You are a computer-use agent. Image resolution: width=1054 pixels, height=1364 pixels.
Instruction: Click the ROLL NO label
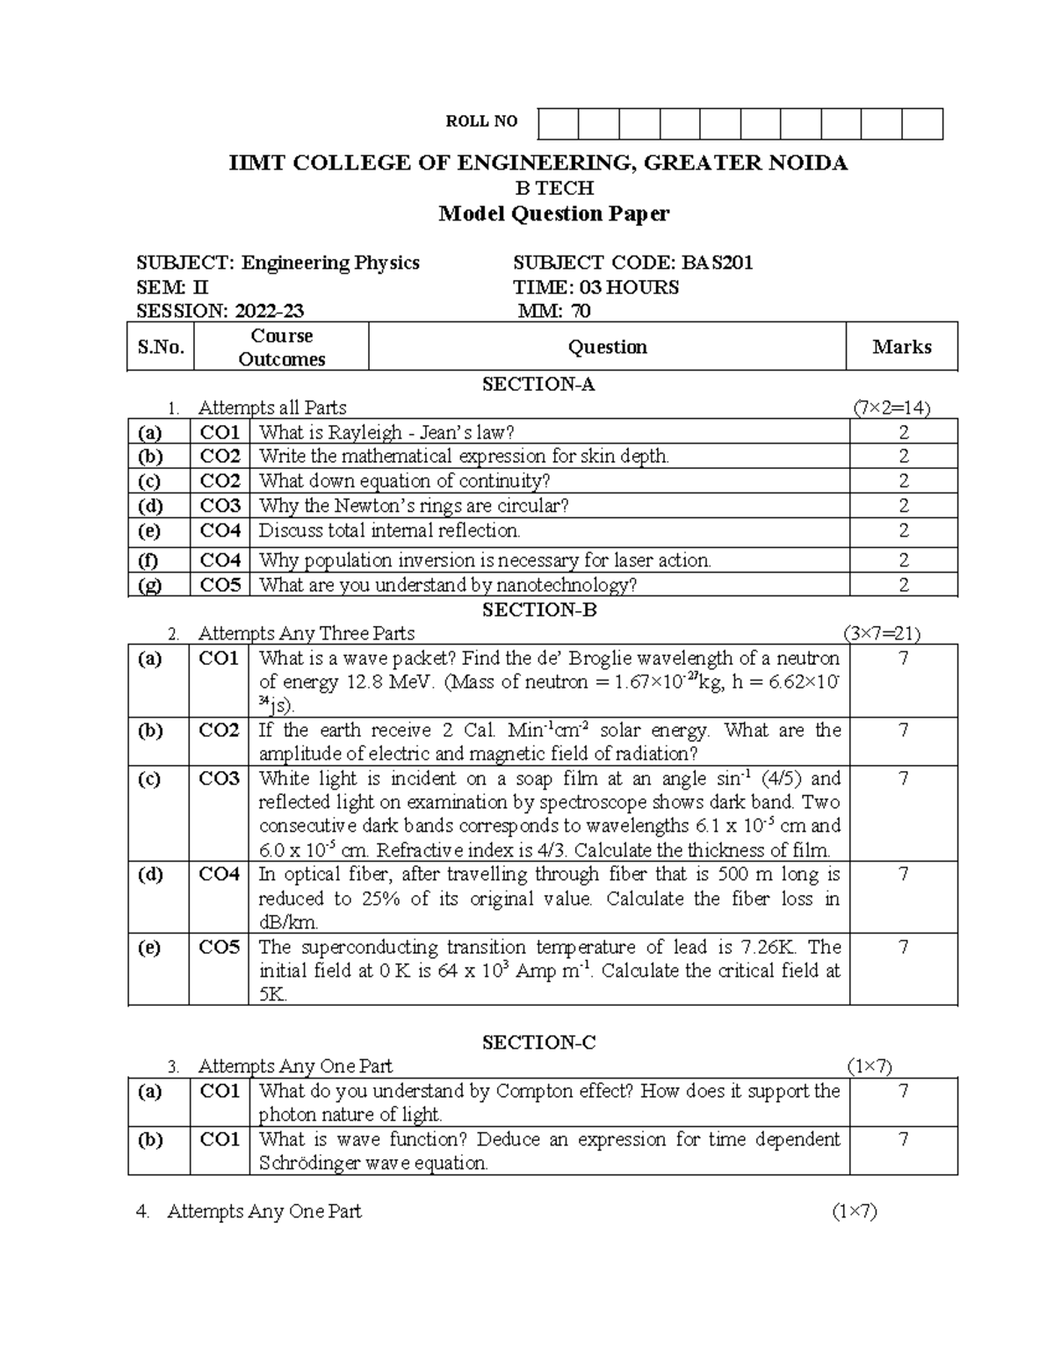(481, 122)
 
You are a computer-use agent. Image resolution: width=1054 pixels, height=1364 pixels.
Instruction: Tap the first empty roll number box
(558, 125)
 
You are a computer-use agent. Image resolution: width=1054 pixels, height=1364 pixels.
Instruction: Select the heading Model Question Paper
(553, 213)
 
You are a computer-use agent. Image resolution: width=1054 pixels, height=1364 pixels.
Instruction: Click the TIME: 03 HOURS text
(596, 287)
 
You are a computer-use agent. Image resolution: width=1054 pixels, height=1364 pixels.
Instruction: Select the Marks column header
(901, 347)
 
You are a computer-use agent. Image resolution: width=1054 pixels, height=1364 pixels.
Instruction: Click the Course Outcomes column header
(281, 348)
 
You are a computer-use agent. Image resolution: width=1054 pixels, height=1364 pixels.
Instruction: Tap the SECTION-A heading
(538, 384)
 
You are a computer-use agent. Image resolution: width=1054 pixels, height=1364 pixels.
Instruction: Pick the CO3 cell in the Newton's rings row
(220, 506)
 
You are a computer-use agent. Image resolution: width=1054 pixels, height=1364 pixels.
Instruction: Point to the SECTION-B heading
(538, 610)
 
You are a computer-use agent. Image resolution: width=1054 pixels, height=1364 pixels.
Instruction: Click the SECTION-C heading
(538, 1043)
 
